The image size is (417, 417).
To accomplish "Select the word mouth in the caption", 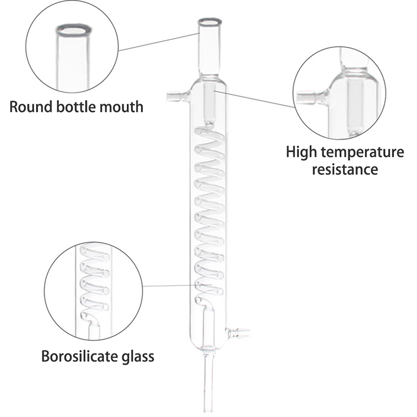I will coord(122,107).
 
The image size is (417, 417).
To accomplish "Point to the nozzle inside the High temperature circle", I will coord(310,97).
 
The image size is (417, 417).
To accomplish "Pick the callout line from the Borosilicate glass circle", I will coord(167,286).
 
